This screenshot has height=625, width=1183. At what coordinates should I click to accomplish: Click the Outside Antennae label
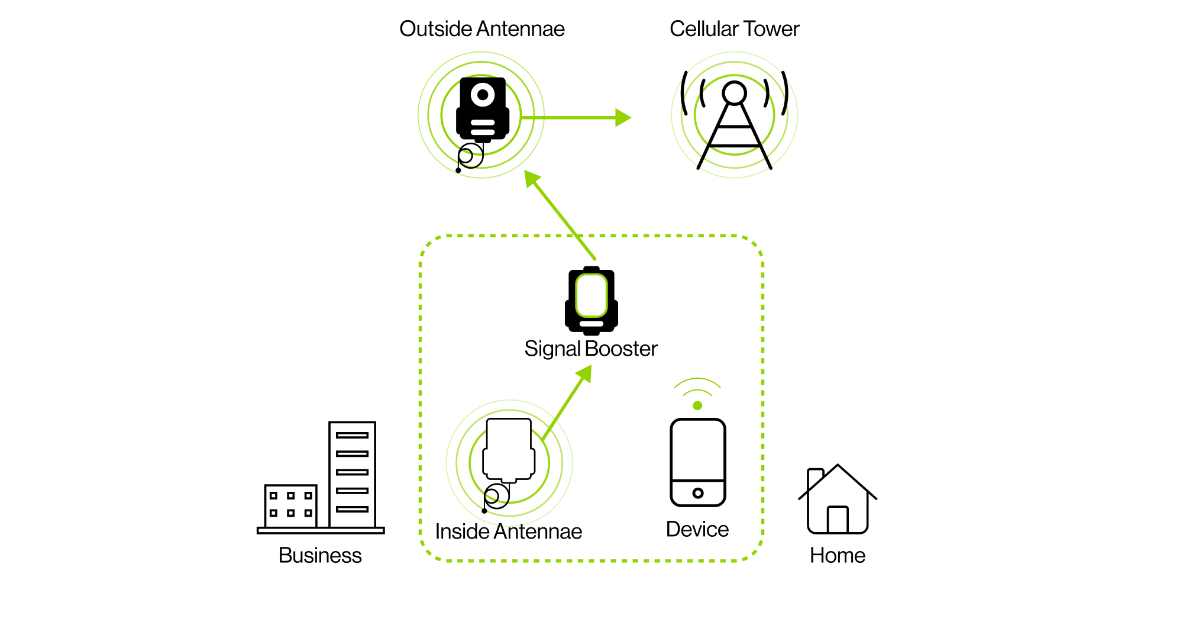[482, 29]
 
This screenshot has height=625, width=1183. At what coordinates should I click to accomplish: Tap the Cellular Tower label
[735, 29]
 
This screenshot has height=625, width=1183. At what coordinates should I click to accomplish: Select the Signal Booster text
[591, 349]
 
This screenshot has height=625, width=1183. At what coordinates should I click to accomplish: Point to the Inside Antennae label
[509, 531]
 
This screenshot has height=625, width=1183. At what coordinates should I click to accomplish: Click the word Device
[697, 529]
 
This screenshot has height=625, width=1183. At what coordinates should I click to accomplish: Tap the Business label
[320, 555]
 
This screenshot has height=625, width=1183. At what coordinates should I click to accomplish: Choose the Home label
[838, 555]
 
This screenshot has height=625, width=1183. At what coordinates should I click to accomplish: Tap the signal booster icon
[591, 301]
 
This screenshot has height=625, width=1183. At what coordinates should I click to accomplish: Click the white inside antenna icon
[509, 450]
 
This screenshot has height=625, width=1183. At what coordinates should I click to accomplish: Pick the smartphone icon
[698, 462]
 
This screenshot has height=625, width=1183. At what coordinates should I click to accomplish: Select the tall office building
[352, 474]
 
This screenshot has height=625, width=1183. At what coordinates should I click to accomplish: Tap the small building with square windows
[290, 505]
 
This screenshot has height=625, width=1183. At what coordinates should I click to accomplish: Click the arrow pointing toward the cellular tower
[576, 118]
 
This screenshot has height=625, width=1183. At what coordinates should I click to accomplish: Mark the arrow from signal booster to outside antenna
[560, 215]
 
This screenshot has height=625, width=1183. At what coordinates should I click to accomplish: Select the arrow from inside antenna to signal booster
[567, 402]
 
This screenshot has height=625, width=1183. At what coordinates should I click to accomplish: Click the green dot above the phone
[697, 405]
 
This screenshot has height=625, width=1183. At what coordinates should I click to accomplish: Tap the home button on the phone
[698, 493]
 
